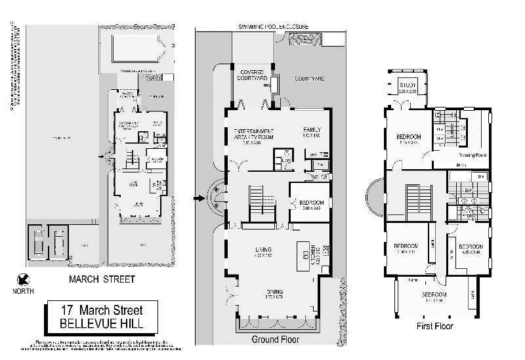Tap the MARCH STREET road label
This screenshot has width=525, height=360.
[102, 279]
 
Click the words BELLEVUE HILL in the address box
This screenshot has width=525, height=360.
[102, 323]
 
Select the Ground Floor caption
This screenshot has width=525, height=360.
[276, 340]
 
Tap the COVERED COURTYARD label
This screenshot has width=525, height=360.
[252, 75]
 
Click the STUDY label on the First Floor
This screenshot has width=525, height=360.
[408, 85]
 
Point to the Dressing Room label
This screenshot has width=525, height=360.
[473, 155]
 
